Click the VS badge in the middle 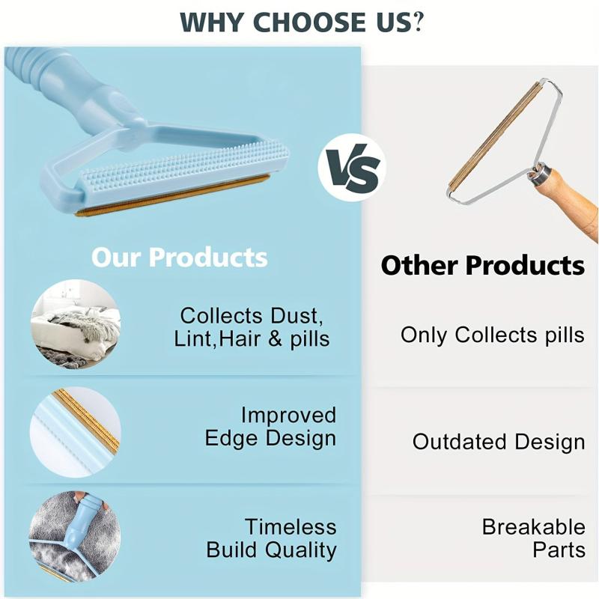[x=352, y=168]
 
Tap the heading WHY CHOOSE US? [x=302, y=22]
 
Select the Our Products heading [x=179, y=257]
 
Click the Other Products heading [x=482, y=265]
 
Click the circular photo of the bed [x=76, y=324]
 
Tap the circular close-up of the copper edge [x=76, y=432]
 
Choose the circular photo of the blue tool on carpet [x=75, y=536]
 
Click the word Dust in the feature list [x=297, y=316]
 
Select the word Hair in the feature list [x=243, y=338]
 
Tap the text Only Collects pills [x=493, y=335]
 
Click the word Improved [x=288, y=416]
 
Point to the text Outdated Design [x=499, y=442]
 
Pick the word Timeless [x=291, y=527]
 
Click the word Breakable [x=533, y=527]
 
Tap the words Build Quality [x=271, y=550]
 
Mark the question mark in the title [x=419, y=22]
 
